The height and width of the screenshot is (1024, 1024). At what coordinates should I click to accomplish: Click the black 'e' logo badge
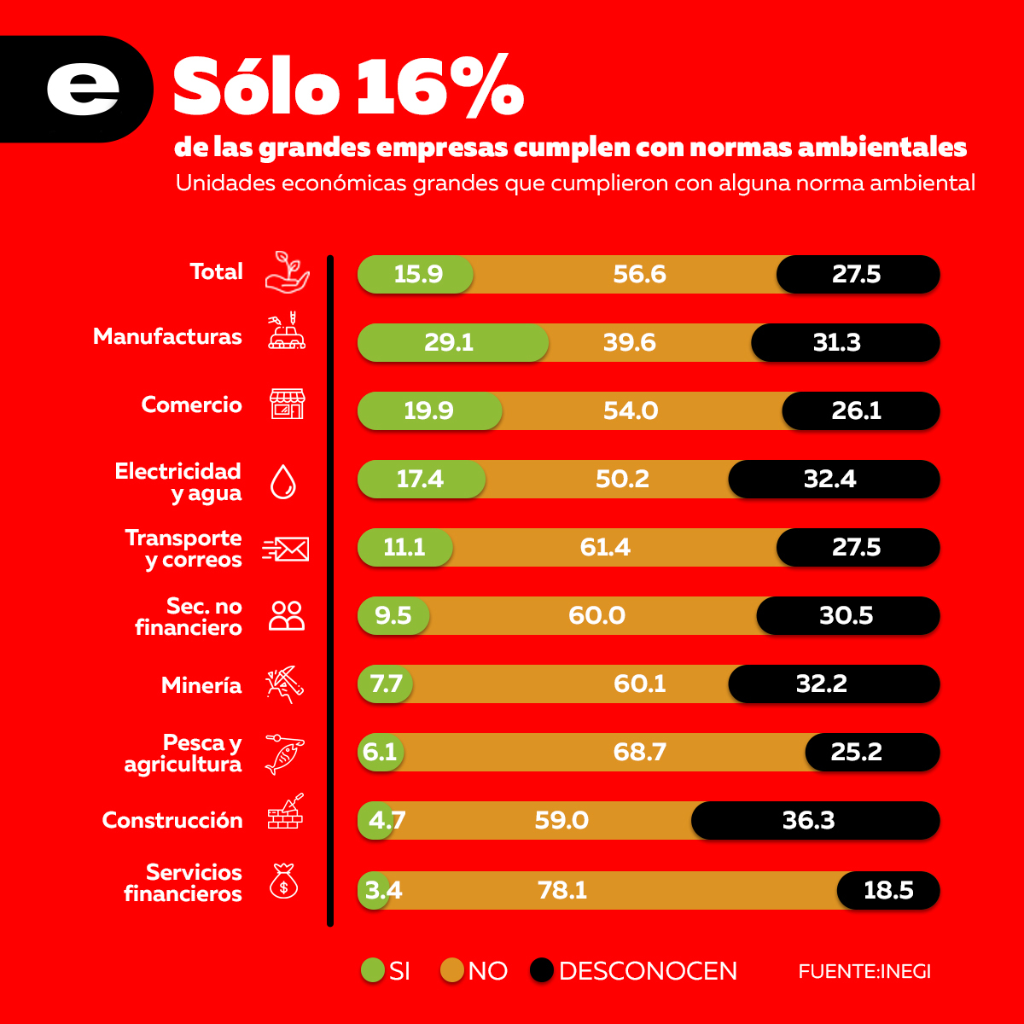pyautogui.click(x=81, y=89)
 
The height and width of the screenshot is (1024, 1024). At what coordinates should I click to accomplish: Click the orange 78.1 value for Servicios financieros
pyautogui.click(x=562, y=891)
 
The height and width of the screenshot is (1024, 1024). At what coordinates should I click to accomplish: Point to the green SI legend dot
pyautogui.click(x=373, y=970)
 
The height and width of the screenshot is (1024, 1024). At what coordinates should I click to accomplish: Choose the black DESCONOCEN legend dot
pyautogui.click(x=542, y=970)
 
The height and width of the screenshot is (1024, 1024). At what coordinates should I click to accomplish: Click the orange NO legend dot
pyautogui.click(x=452, y=970)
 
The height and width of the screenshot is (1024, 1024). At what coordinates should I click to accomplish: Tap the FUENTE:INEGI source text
pyautogui.click(x=864, y=971)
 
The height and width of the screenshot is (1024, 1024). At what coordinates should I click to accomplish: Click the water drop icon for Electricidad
pyautogui.click(x=283, y=481)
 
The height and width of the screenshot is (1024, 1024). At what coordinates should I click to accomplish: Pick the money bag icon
pyautogui.click(x=284, y=881)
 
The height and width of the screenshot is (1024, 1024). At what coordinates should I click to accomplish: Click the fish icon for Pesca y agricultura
pyautogui.click(x=284, y=753)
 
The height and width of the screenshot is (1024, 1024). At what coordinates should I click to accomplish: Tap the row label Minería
pyautogui.click(x=201, y=685)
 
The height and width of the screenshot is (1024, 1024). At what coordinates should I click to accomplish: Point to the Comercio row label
pyautogui.click(x=191, y=404)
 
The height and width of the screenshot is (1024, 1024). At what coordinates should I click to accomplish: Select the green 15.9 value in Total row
pyautogui.click(x=417, y=275)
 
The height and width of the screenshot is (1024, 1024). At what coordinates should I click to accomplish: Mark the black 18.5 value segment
pyautogui.click(x=888, y=891)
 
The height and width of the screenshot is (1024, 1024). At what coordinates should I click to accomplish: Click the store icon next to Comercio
pyautogui.click(x=287, y=404)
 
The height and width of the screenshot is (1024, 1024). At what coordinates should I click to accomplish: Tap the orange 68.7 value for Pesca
pyautogui.click(x=639, y=753)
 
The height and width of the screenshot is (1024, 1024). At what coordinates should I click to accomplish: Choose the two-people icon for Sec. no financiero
pyautogui.click(x=287, y=616)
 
